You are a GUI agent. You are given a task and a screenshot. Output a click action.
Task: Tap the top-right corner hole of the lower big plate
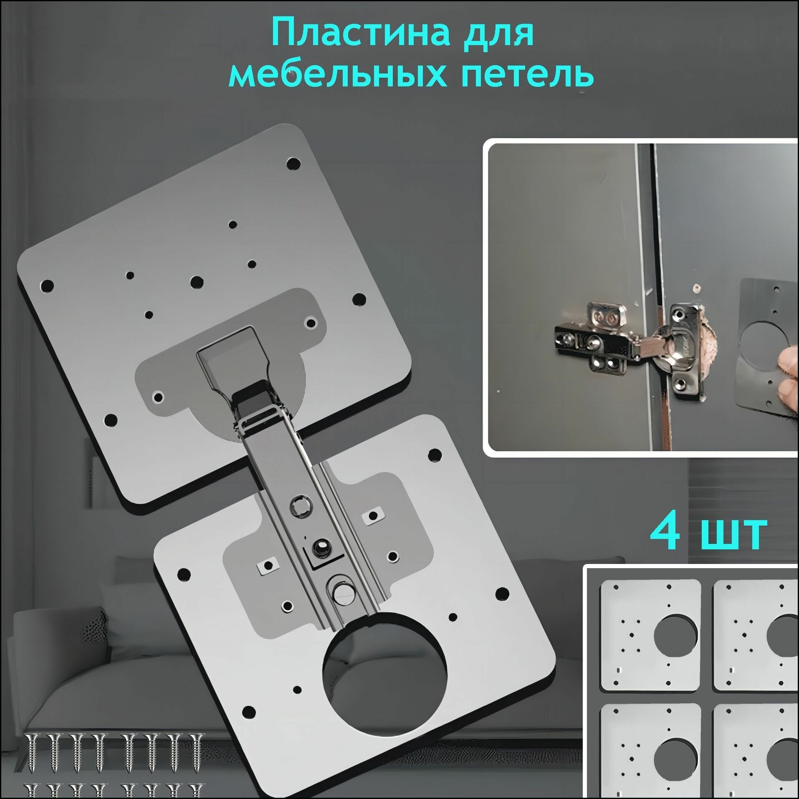(435, 453)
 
